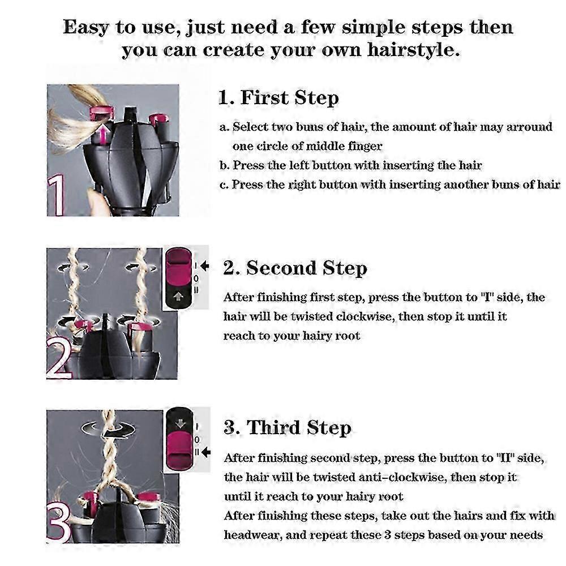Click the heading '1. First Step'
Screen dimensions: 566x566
pyautogui.click(x=278, y=98)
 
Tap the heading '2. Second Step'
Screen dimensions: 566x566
pyautogui.click(x=295, y=268)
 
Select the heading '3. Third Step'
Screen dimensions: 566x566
pyautogui.click(x=287, y=427)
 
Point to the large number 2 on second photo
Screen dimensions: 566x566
pyautogui.click(x=59, y=359)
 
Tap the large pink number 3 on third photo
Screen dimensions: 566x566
pyautogui.click(x=58, y=524)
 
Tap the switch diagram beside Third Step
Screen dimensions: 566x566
pyautogui.click(x=181, y=439)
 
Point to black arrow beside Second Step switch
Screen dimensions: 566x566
pyautogui.click(x=204, y=265)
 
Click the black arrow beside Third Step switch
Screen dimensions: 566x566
pyautogui.click(x=205, y=452)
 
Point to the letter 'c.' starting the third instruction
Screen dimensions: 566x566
pyautogui.click(x=225, y=185)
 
